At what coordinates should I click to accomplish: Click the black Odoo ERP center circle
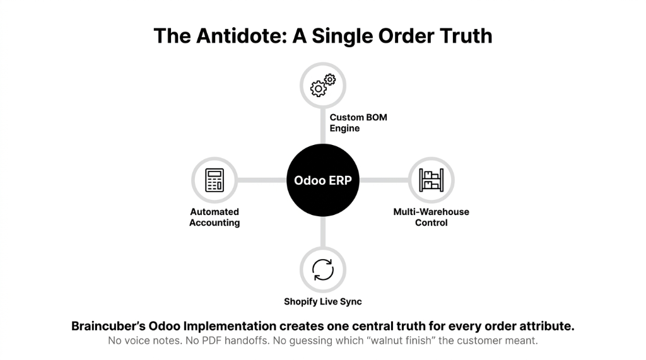322,180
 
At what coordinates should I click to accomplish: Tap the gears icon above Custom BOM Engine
323,85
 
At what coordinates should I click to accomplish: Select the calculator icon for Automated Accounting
214,180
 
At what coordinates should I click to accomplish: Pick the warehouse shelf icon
431,180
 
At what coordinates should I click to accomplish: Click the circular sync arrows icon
322,270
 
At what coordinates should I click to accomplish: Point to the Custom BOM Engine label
358,123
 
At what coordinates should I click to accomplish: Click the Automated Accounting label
214,217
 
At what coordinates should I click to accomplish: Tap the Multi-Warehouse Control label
431,217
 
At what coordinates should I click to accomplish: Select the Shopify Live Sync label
322,301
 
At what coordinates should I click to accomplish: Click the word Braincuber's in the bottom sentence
109,326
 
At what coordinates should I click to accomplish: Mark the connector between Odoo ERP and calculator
262,180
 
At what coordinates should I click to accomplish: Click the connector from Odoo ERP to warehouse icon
384,180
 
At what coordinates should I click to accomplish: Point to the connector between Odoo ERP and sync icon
322,232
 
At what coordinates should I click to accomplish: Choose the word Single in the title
342,36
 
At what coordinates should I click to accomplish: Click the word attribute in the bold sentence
547,326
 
